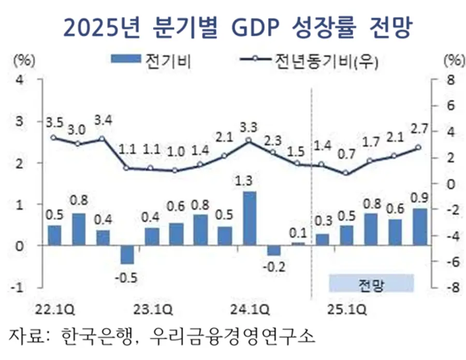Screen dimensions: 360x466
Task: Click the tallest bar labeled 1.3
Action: [x=249, y=218]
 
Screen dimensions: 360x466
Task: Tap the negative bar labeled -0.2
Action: [x=273, y=250]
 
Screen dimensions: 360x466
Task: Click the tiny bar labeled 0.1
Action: [x=298, y=243]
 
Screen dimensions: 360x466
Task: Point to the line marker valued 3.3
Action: [x=249, y=140]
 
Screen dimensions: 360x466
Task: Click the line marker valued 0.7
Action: [x=346, y=173]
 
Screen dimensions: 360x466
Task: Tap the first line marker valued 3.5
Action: [x=54, y=137]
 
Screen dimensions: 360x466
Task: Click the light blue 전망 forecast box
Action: [x=371, y=283]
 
